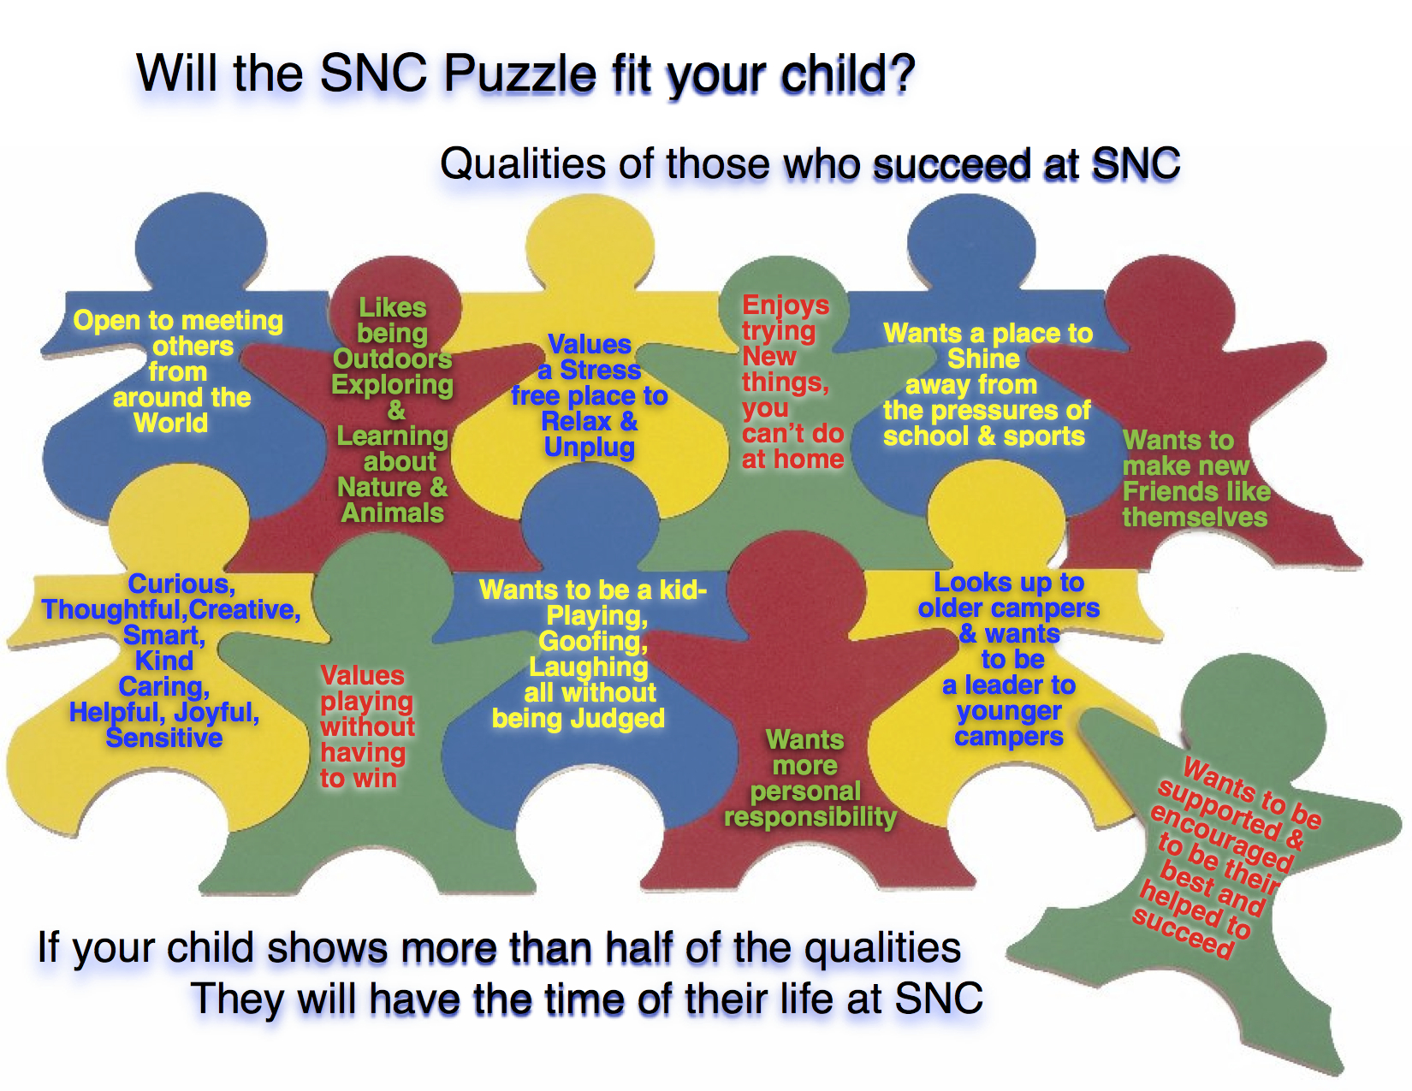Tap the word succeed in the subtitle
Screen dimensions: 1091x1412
pos(950,163)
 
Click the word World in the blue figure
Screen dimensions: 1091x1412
pos(170,423)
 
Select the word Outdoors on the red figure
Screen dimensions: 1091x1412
pos(392,359)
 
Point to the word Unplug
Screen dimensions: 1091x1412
pos(589,448)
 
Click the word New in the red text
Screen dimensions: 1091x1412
pos(768,356)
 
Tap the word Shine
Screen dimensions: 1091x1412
pos(983,359)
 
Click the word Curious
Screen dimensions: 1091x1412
pos(181,584)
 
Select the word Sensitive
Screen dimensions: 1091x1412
pos(164,738)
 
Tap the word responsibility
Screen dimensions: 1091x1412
pos(810,816)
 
